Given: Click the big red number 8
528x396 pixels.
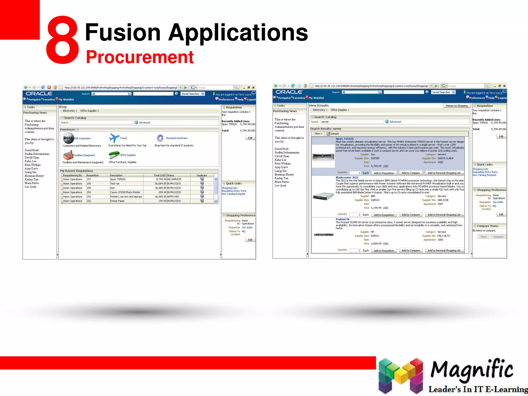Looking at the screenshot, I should (x=63, y=40).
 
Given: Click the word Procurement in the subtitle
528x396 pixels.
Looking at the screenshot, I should (x=139, y=57).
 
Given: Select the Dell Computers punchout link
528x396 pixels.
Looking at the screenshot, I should (x=82, y=138).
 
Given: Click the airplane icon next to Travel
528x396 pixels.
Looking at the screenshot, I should (x=114, y=138).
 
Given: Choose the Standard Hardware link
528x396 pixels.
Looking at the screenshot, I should (x=176, y=138).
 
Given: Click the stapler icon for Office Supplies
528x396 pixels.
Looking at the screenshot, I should (x=113, y=155).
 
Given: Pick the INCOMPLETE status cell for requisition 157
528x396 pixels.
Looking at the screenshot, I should (x=174, y=179).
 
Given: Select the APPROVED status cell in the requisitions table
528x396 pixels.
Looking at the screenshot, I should (x=173, y=197).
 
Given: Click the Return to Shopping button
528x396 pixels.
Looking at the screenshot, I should (x=457, y=106).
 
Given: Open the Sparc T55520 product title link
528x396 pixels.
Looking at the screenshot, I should (x=344, y=139).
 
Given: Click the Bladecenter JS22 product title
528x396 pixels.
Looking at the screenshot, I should (x=347, y=177).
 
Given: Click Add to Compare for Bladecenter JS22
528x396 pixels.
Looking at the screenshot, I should (x=410, y=215).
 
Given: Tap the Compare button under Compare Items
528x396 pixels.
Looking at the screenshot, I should (x=498, y=237).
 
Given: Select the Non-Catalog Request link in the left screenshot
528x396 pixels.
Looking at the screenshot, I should (x=233, y=194).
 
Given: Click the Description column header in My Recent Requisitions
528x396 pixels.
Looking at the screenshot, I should (x=116, y=175).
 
